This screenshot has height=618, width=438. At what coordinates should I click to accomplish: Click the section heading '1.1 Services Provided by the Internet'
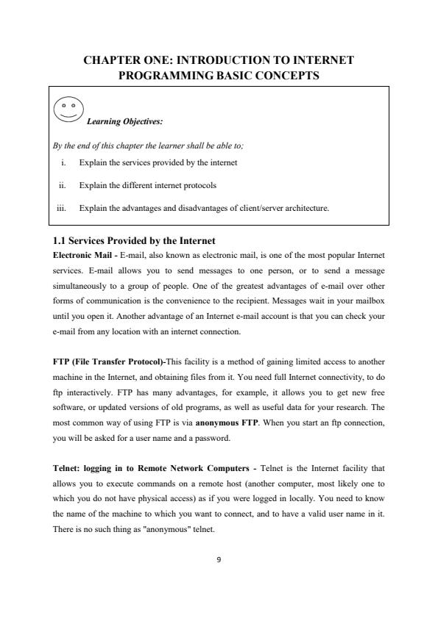(x=135, y=240)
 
